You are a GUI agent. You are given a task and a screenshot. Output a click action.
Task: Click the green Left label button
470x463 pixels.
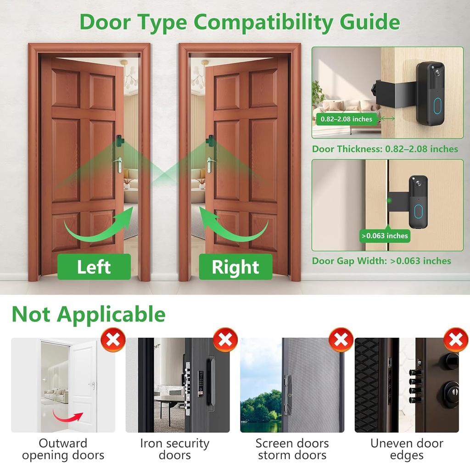pyautogui.click(x=94, y=267)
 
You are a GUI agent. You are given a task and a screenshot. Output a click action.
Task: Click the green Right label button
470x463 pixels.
pyautogui.click(x=235, y=267)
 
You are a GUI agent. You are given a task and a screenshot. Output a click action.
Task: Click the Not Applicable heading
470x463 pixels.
pyautogui.click(x=88, y=314)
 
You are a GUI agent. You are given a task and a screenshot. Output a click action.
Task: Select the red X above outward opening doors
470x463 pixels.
pyautogui.click(x=113, y=340)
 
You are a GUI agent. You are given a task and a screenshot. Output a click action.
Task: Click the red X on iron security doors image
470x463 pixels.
pyautogui.click(x=225, y=340)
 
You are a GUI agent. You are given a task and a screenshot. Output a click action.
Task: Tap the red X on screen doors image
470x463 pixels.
pyautogui.click(x=341, y=340)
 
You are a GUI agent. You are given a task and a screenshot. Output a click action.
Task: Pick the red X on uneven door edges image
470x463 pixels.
pyautogui.click(x=456, y=340)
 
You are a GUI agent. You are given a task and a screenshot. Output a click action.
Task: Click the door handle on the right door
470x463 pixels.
pyautogui.click(x=210, y=163)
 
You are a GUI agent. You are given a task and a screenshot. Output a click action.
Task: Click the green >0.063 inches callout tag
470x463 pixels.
pyautogui.click(x=384, y=236)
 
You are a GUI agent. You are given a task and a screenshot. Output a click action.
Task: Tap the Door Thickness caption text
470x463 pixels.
pyautogui.click(x=385, y=149)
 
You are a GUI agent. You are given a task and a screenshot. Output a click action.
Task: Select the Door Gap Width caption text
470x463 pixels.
pyautogui.click(x=381, y=261)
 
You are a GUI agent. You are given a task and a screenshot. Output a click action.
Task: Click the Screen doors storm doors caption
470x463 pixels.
pyautogui.click(x=292, y=449)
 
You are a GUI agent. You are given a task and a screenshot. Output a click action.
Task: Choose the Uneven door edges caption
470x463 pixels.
pyautogui.click(x=407, y=449)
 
